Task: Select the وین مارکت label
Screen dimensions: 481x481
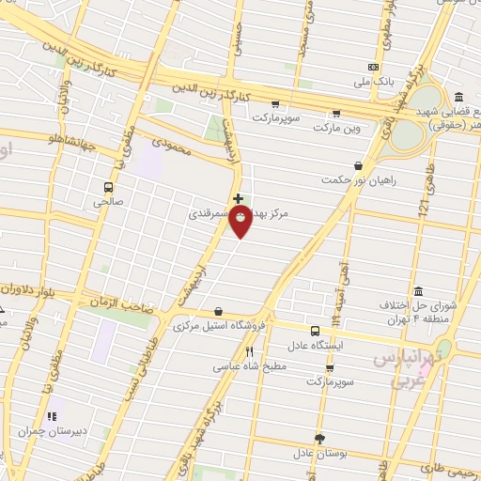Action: coord(337,126)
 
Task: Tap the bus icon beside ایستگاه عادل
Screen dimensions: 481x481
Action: coord(316,331)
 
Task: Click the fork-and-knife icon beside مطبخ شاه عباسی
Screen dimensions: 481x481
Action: coord(248,353)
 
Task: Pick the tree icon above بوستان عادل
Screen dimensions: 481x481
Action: coord(320,439)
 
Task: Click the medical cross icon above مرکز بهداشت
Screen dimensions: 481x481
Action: coord(239,198)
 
